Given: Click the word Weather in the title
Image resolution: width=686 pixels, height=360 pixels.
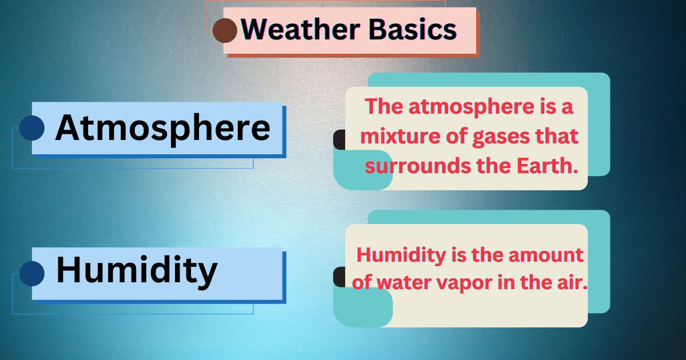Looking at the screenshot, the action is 301,29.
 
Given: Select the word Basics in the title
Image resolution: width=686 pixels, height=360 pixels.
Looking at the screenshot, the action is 413,29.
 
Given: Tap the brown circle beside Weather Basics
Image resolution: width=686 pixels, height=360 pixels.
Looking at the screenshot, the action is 225,30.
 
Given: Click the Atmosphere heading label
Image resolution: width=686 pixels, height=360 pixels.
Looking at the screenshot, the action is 162,128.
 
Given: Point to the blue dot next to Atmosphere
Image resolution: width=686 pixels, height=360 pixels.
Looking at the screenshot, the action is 32,128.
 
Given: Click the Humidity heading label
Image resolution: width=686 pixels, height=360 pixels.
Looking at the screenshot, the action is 137,271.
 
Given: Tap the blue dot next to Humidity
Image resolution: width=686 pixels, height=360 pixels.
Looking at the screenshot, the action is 32,274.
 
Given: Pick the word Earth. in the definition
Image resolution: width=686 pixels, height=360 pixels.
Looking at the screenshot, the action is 547,166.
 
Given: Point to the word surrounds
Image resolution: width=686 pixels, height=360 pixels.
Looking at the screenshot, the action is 418,166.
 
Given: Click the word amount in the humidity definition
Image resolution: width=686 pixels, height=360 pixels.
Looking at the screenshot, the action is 546,255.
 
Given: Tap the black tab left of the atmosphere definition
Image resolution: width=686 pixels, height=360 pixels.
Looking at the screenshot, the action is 340,139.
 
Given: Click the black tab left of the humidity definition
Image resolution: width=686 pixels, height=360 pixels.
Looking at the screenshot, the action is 340,277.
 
